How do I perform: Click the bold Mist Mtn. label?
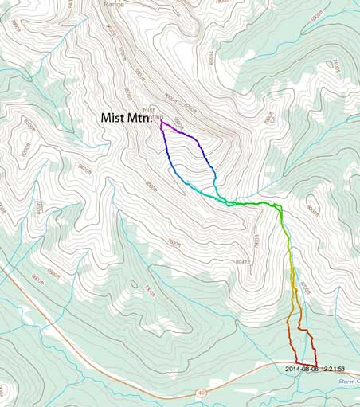pos(131,117)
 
